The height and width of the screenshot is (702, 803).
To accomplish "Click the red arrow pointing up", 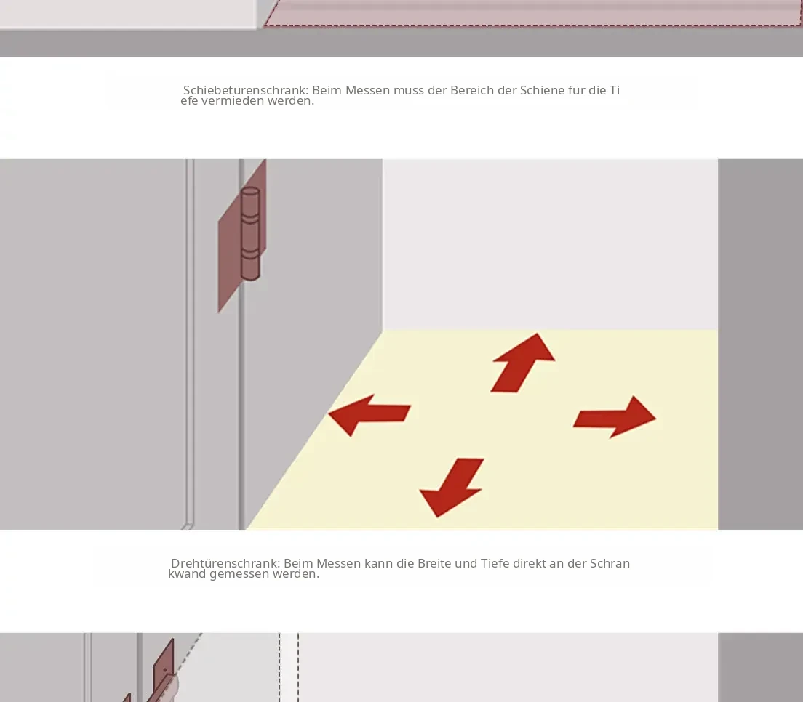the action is click(522, 363).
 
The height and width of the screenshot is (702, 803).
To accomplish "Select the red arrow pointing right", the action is click(615, 417).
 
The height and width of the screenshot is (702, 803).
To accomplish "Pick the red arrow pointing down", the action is click(452, 487).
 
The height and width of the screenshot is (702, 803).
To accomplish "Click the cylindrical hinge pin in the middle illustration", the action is click(250, 234).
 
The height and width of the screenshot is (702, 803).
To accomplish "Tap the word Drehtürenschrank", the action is click(225, 563).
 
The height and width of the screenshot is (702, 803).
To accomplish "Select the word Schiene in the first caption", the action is click(542, 91).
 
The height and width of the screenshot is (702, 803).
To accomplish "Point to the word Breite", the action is click(434, 563).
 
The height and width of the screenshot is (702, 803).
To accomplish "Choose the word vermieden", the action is click(233, 101).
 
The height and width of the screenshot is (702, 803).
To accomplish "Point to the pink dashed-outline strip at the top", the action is click(532, 13).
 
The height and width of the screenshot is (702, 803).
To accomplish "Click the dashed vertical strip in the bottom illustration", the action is click(289, 667).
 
